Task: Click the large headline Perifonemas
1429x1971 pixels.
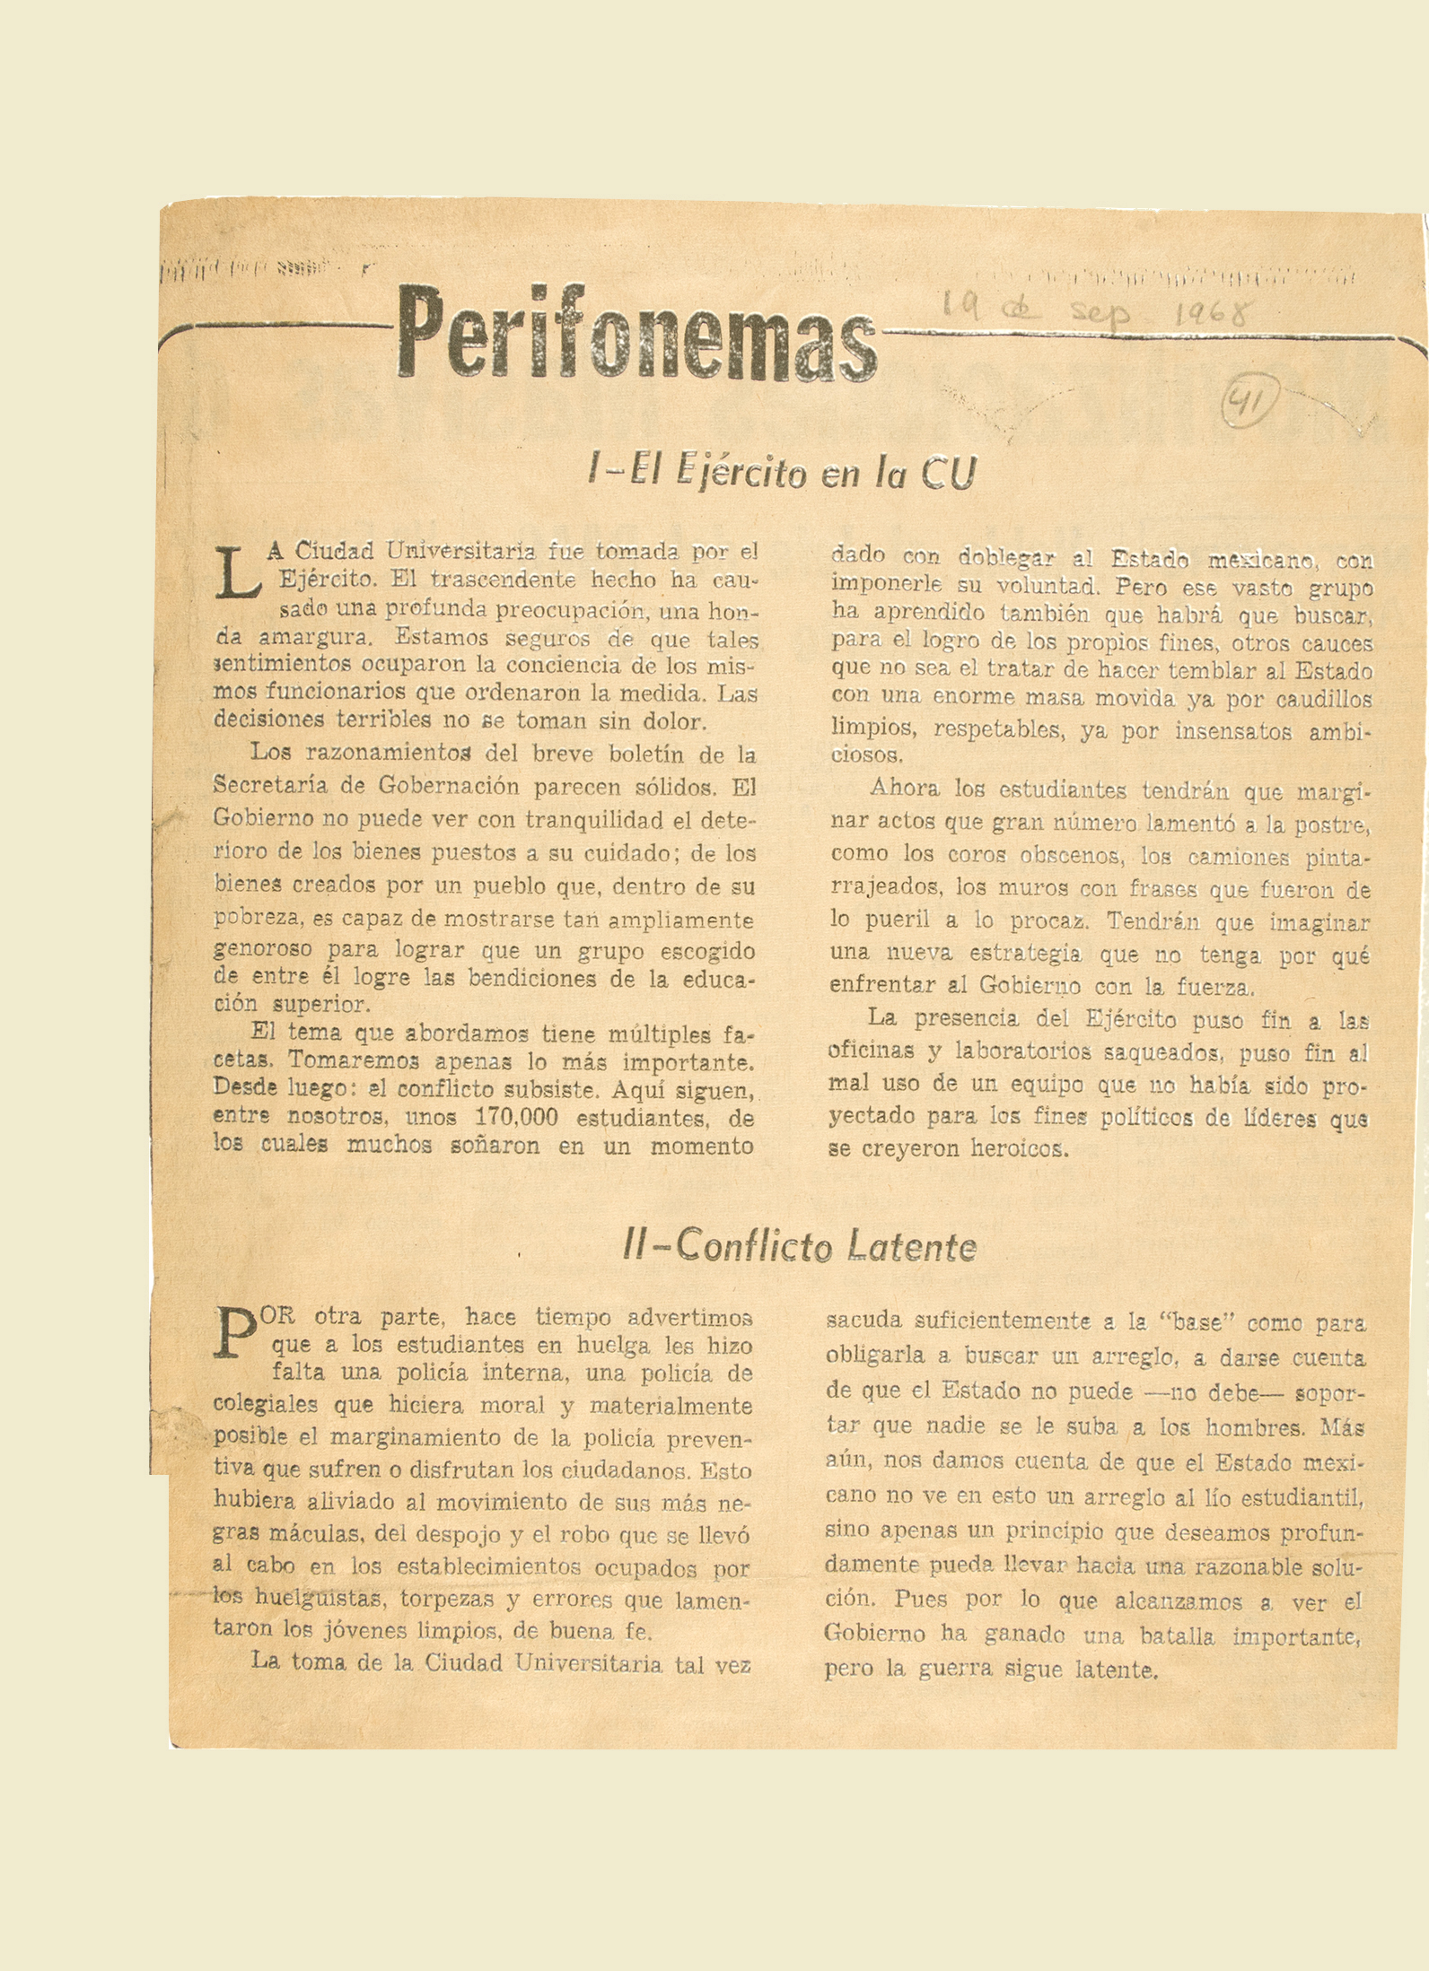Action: point(636,336)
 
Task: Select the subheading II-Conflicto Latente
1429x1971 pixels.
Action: point(799,1246)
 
